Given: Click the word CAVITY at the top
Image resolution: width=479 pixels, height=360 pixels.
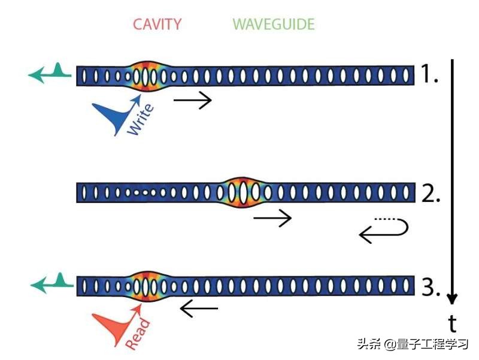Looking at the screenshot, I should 156,25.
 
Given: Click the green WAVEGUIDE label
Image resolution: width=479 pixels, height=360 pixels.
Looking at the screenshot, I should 274,25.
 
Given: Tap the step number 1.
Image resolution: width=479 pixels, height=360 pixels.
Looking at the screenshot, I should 429,75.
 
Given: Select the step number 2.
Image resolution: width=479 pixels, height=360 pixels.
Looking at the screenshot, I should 430,193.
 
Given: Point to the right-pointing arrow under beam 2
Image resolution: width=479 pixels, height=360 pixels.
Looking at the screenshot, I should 272,218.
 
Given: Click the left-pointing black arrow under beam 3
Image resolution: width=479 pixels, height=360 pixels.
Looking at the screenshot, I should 199,310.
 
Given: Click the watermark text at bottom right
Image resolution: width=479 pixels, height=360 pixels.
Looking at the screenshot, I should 413,345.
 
